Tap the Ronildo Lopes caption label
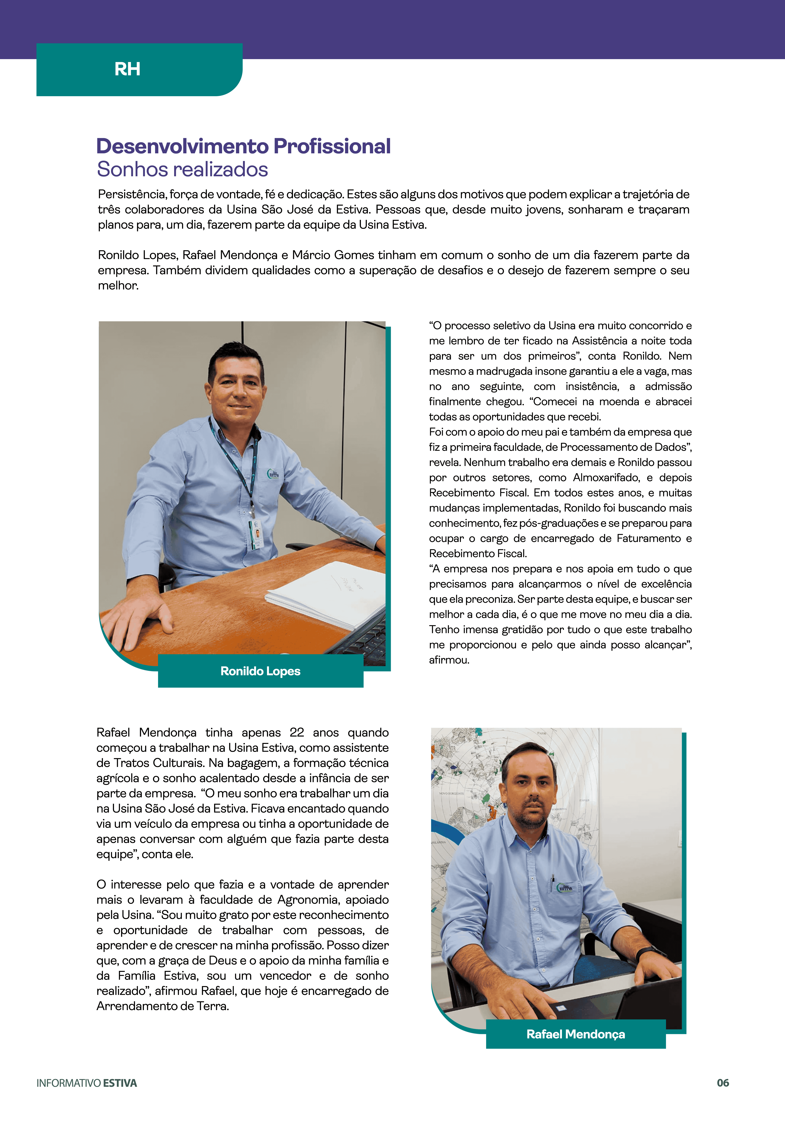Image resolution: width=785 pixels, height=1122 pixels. click(260, 671)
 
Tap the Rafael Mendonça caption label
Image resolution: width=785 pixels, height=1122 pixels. click(575, 1034)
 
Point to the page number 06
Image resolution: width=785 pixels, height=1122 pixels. click(723, 1083)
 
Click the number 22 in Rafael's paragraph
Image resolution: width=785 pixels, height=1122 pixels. click(296, 732)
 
